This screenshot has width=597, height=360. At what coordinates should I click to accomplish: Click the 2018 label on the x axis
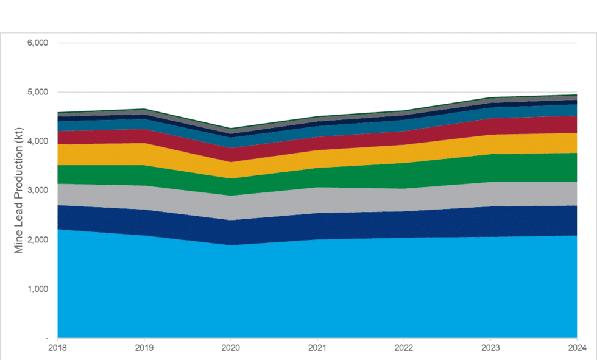57,348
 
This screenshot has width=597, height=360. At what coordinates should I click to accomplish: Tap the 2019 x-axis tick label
144,348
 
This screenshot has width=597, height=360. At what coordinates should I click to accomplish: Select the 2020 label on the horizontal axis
230,348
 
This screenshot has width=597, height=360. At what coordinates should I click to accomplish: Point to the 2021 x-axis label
317,348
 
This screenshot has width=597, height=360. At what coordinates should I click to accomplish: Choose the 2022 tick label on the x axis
403,348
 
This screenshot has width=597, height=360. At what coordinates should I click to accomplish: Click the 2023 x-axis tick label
490,348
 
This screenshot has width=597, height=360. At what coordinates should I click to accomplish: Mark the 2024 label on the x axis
576,348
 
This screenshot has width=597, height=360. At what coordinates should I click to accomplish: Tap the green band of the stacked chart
317,177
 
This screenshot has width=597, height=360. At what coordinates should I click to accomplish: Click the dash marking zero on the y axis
48,338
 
